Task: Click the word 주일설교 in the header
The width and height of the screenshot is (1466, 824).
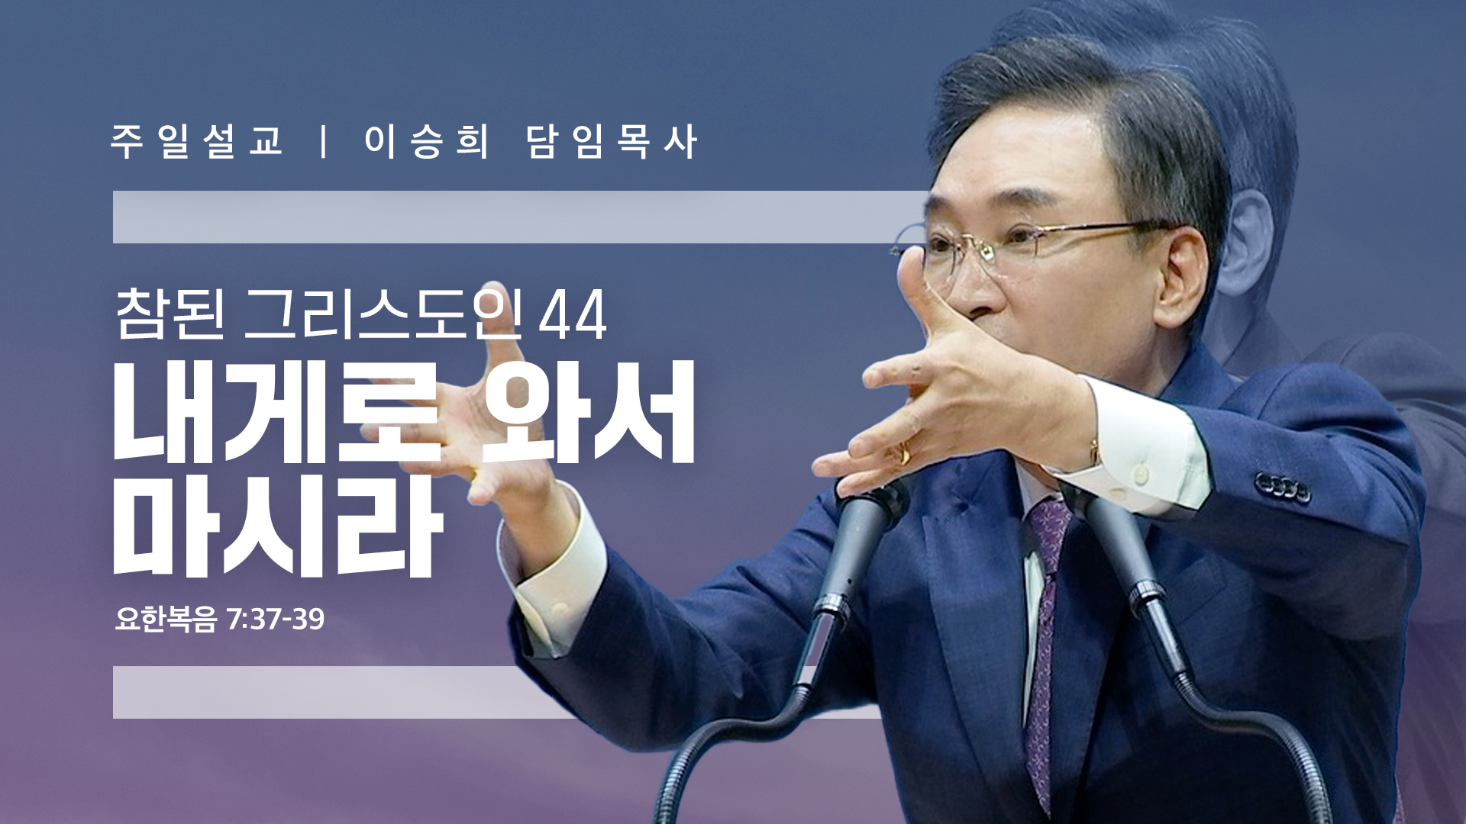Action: click(x=197, y=141)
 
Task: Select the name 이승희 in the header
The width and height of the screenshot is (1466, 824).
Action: click(x=426, y=141)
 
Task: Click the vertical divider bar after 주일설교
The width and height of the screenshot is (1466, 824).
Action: click(x=325, y=141)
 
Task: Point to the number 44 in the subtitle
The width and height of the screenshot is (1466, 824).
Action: click(x=573, y=314)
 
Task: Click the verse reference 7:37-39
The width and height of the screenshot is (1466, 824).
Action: click(x=276, y=619)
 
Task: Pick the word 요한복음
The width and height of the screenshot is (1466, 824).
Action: click(x=166, y=619)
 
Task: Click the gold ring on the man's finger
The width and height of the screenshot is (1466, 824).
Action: click(x=905, y=453)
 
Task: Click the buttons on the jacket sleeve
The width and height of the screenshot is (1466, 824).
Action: click(x=1282, y=487)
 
